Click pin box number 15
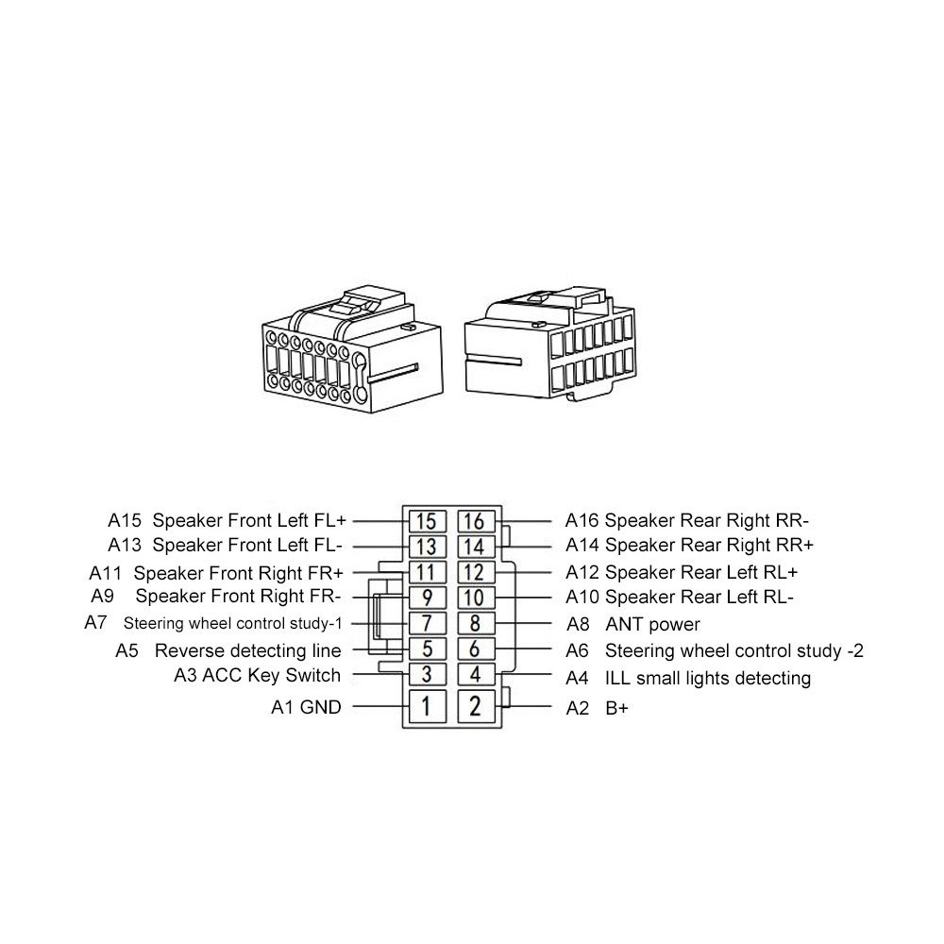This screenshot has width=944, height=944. (426, 520)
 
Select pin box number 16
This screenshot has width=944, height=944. (475, 520)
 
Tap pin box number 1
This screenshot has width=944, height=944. (426, 705)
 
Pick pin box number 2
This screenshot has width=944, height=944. (475, 705)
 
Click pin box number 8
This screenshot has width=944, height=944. (475, 623)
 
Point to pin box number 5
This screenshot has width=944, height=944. (426, 649)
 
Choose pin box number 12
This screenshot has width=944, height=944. (475, 571)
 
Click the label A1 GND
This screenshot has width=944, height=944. (306, 706)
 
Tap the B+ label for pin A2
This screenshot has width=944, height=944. (616, 707)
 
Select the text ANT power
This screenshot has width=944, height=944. (652, 624)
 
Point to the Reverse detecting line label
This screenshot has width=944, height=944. (247, 650)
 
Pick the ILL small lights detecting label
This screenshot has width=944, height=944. (707, 678)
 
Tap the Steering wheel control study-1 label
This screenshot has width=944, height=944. (232, 623)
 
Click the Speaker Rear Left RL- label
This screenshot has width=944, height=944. (699, 598)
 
